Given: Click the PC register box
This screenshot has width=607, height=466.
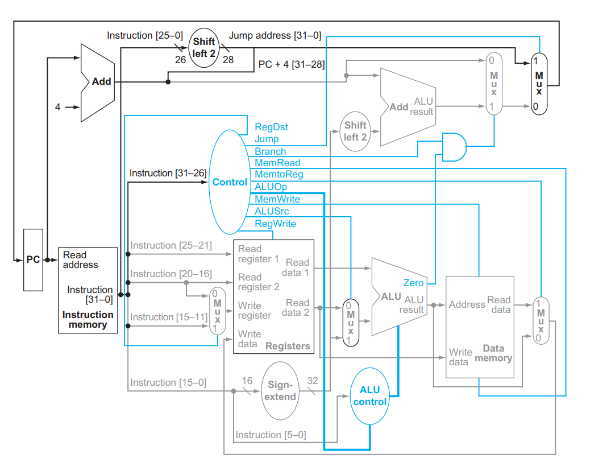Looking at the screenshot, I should pyautogui.click(x=33, y=259).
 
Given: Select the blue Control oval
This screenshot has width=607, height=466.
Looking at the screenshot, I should pyautogui.click(x=230, y=182).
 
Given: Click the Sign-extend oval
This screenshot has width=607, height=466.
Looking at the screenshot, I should pyautogui.click(x=280, y=391).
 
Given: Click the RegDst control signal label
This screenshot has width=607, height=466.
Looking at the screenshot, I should pyautogui.click(x=271, y=127).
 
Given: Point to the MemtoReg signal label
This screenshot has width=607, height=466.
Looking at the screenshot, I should pyautogui.click(x=278, y=175).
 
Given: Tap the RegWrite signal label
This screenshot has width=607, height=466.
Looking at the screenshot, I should pyautogui.click(x=275, y=224).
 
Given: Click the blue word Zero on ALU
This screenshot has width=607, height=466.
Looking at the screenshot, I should pyautogui.click(x=413, y=283).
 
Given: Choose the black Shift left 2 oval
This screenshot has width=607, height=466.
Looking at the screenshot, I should pyautogui.click(x=203, y=47).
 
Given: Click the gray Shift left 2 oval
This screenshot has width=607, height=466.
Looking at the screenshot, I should pyautogui.click(x=355, y=131).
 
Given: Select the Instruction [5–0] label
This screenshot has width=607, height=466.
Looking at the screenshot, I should pyautogui.click(x=271, y=435).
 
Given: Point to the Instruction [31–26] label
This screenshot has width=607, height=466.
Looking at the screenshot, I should pyautogui.click(x=168, y=173).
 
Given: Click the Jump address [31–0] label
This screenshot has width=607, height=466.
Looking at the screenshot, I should pyautogui.click(x=275, y=36).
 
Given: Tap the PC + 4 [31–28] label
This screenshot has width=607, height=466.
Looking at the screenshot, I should pyautogui.click(x=292, y=64).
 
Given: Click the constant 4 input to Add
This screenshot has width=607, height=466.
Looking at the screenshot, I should pyautogui.click(x=57, y=106).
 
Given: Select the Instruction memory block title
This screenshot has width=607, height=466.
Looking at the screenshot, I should pyautogui.click(x=88, y=320).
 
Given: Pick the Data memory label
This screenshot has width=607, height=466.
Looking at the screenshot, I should pyautogui.click(x=493, y=353).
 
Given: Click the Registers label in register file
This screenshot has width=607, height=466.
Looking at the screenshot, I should pyautogui.click(x=288, y=345).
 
